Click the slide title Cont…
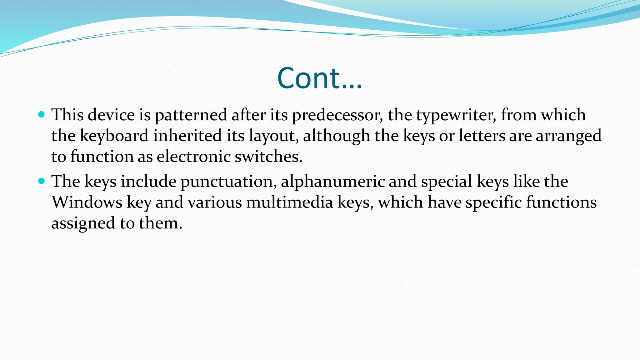pos(319,78)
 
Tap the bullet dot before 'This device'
pos(41,114)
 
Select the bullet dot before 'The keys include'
pos(41,181)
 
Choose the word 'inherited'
pos(187,136)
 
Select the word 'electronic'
pos(193,156)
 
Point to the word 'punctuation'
pos(228,182)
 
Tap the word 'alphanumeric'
pos(332,182)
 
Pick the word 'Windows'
pos(87,202)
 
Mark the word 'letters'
pos(482,136)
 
